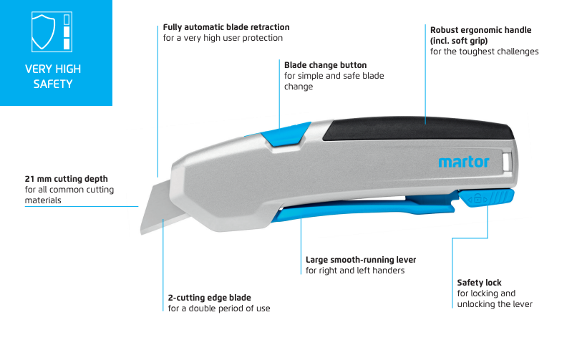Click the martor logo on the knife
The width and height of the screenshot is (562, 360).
464,162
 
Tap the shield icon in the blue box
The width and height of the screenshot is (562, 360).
43,31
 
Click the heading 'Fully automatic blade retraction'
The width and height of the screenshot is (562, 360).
226,27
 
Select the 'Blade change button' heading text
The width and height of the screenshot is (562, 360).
326,65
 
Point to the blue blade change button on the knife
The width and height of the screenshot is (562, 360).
286,135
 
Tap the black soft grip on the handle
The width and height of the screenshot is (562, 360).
418,128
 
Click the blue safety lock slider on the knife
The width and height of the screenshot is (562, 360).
487,198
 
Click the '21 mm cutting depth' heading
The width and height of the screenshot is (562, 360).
67,179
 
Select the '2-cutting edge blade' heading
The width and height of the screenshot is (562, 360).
209,298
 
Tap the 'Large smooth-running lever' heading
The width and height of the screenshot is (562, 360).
361,260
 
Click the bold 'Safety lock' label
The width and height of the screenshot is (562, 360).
479,283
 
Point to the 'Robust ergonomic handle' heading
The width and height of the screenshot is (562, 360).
480,30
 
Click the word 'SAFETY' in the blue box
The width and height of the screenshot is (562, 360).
53,84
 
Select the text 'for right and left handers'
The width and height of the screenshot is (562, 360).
355,271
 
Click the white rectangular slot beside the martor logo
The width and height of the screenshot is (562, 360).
507,162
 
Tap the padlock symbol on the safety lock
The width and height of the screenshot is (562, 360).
478,198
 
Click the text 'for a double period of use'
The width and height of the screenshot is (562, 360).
219,308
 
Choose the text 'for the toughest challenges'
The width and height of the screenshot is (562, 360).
484,52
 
